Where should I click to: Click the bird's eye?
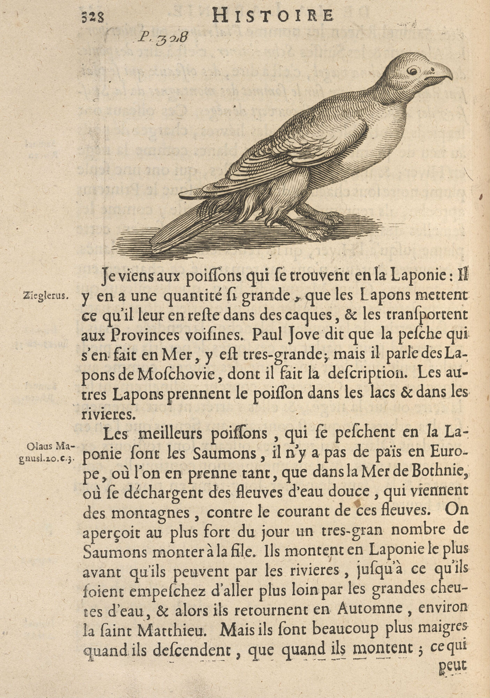pos(413,70)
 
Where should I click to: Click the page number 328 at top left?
pos(93,17)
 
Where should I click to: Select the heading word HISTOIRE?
pos(272,16)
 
